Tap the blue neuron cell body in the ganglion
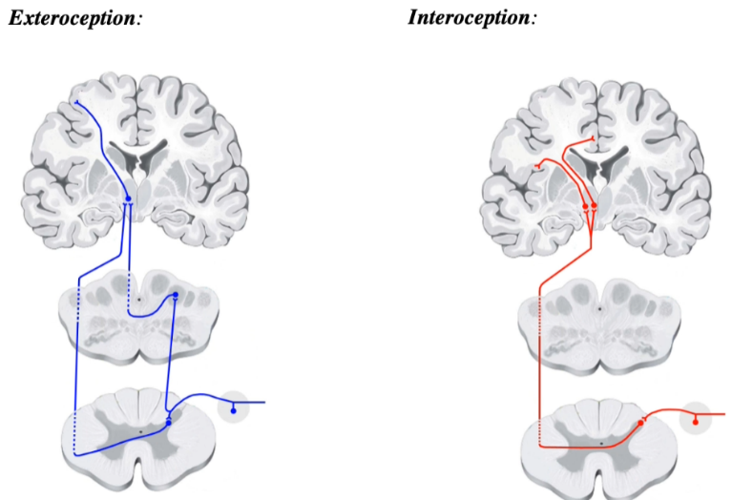click(233, 410)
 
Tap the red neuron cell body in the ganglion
click(695, 420)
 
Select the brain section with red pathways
click(597, 162)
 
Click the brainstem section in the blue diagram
click(138, 315)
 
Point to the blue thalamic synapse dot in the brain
click(128, 199)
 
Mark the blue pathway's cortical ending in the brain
click(77, 102)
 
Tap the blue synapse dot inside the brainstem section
click(175, 296)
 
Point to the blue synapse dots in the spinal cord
click(169, 419)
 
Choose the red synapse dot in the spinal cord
click(641, 421)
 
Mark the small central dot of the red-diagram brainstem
click(599, 309)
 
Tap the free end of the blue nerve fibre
click(263, 403)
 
